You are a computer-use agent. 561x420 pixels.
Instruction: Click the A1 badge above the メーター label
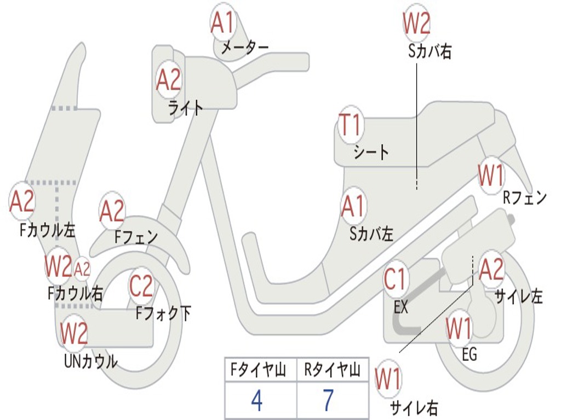pos(222,22)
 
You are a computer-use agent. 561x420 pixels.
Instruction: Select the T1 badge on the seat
pos(351,124)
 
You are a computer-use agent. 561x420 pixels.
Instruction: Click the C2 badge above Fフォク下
pos(141,285)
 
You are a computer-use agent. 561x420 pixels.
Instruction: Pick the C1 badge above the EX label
pos(395,279)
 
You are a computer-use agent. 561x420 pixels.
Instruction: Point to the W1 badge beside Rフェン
pos(491,175)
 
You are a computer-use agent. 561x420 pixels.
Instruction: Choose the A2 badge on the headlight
pos(169,80)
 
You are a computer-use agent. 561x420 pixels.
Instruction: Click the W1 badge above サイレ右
pos(388,379)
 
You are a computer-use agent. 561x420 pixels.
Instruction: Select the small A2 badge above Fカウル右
pos(82,269)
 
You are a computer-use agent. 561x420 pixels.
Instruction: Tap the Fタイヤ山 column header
pos(259,370)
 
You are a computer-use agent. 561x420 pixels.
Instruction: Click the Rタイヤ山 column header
pos(332,370)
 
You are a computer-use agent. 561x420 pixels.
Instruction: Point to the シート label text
pos(371,153)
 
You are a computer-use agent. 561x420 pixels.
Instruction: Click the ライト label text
pos(186,108)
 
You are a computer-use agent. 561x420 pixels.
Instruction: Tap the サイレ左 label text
pos(519,296)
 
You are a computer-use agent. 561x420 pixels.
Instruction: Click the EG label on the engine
pos(470,354)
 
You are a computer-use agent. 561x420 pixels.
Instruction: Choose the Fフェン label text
pos(136,237)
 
